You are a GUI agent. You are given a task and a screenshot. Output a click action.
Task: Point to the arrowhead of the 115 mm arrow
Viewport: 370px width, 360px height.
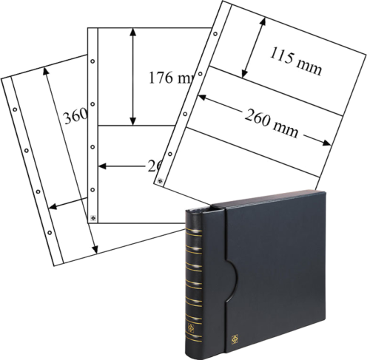(x=242, y=74)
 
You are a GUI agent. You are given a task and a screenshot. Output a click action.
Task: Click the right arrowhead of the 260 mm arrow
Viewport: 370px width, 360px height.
(x=326, y=143)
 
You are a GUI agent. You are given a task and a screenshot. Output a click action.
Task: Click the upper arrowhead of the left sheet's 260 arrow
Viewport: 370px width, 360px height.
(x=45, y=72)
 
